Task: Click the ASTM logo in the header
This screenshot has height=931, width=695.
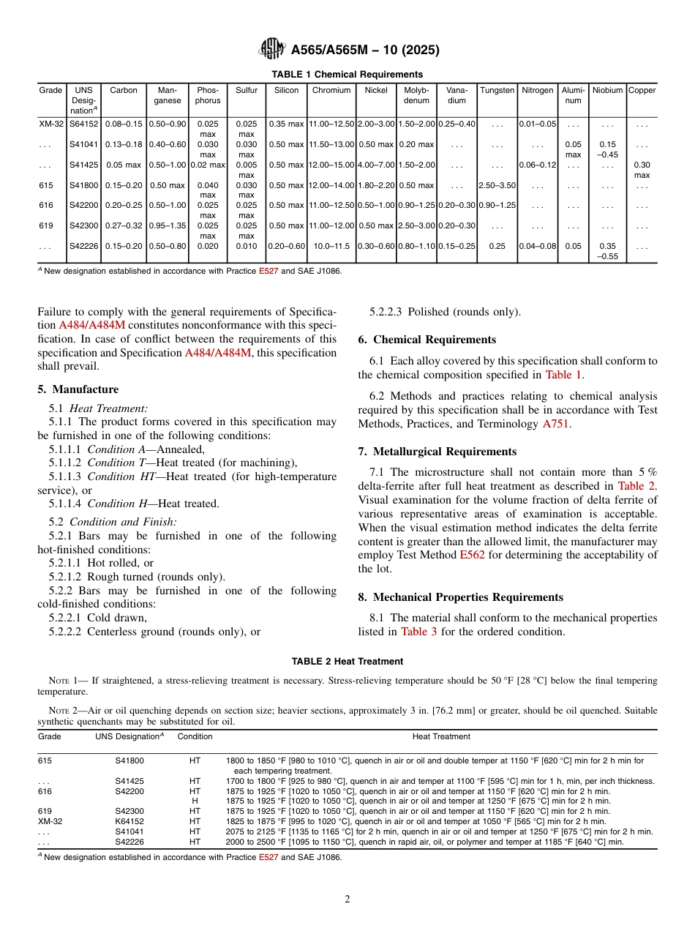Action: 272,50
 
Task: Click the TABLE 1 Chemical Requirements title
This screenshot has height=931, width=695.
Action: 347,75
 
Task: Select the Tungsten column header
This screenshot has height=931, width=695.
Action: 497,91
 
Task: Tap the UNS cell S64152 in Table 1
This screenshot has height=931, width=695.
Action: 83,124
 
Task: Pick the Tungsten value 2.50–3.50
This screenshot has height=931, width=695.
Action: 497,186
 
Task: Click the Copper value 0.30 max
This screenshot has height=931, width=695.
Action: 642,170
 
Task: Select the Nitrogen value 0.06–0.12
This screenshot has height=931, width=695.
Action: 537,165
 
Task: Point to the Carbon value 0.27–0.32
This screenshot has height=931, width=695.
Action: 124,227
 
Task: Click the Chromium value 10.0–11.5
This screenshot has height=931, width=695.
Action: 331,247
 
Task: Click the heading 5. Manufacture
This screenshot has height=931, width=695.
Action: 78,389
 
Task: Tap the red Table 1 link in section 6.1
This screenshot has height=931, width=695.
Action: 563,375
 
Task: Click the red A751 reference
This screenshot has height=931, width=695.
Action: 555,424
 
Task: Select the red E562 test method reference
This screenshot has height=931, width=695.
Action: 472,555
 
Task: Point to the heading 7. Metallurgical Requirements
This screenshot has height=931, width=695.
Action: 437,452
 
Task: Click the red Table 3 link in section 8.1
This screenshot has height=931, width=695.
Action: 418,632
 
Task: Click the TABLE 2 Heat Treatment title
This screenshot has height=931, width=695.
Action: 347,662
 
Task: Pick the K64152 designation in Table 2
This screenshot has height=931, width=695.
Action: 129,821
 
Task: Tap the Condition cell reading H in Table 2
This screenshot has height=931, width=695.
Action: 195,801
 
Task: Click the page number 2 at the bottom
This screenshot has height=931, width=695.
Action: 347,900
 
